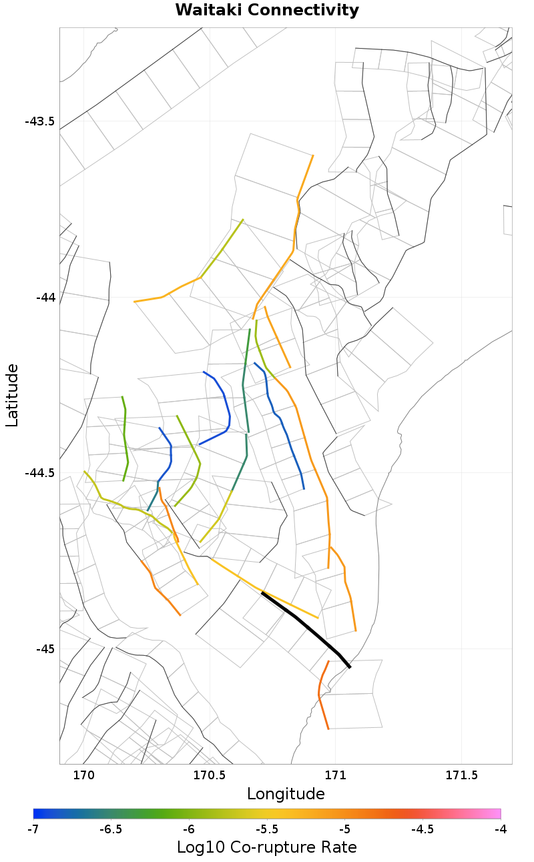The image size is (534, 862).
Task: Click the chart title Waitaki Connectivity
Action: tap(267, 11)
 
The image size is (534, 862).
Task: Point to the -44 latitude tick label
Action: tap(45, 297)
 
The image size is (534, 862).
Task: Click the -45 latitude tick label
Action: tap(45, 649)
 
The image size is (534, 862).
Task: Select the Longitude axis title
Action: tap(286, 794)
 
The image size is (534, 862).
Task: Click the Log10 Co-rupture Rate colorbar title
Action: tap(267, 847)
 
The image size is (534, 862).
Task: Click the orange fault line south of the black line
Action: tap(321, 694)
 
